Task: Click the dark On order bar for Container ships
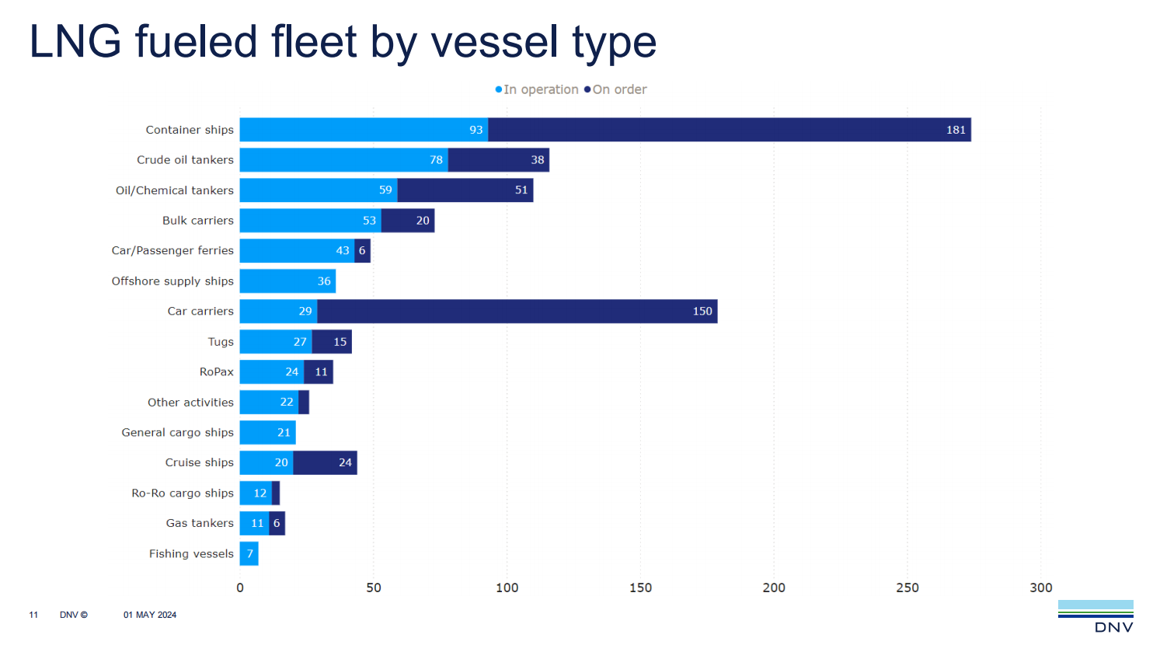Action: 729,130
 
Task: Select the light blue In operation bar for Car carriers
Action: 278,312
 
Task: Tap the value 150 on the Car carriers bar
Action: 702,312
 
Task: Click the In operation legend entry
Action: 537,89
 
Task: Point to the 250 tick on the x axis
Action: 907,587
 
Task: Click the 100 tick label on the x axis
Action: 507,587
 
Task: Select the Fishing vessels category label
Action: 191,554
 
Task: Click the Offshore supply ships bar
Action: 287,281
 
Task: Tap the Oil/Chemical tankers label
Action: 174,190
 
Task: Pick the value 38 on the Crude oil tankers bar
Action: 538,160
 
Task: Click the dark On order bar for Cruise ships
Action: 325,463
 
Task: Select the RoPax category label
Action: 216,372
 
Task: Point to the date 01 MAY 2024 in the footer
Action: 150,615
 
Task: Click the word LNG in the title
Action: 75,42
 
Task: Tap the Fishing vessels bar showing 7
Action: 249,554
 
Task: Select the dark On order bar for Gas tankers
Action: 277,524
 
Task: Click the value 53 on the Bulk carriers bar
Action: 369,221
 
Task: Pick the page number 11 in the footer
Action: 33,615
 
